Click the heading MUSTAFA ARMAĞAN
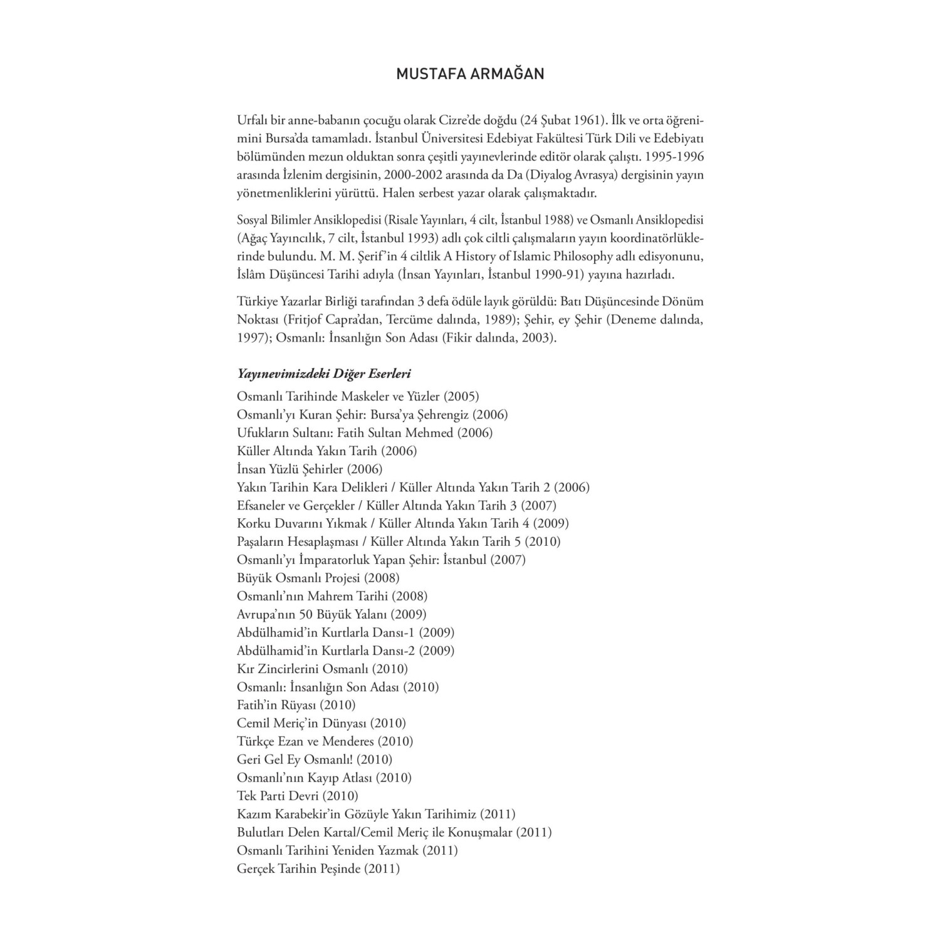[x=470, y=74]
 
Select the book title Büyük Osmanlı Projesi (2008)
[x=318, y=578]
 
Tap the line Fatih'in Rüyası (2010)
[x=296, y=705]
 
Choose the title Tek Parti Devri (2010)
[x=298, y=796]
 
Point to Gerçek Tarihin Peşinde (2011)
[x=318, y=869]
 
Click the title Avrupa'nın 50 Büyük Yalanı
[x=332, y=614]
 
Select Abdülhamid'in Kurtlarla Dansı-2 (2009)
[x=345, y=650]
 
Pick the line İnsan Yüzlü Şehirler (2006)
[x=310, y=469]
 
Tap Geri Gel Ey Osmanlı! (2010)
[x=315, y=760]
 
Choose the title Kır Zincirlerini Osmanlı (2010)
[x=322, y=669]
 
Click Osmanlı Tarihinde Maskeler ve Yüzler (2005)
[x=358, y=396]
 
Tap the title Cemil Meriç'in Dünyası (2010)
[x=321, y=723]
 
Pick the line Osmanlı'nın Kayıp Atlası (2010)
[x=324, y=778]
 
